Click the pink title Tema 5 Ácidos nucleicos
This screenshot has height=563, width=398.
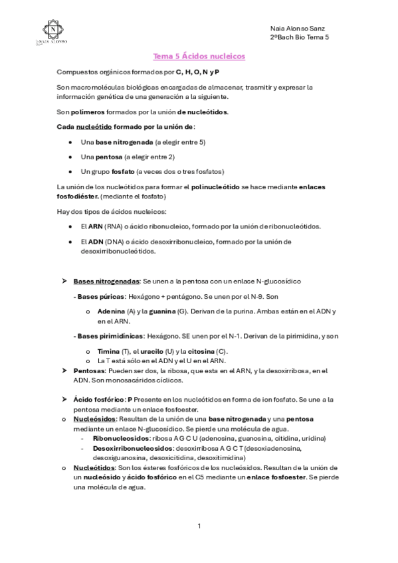tap(199, 57)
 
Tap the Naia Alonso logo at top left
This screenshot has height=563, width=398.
tap(50, 31)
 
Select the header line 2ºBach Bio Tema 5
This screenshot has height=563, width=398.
tap(300, 38)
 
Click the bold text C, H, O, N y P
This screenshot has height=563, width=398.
tap(197, 71)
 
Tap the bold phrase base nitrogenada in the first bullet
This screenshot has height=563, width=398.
tap(124, 142)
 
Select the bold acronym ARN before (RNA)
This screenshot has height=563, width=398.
tap(96, 226)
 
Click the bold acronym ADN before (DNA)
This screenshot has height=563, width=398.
tap(96, 242)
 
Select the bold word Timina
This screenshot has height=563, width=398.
tap(108, 351)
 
